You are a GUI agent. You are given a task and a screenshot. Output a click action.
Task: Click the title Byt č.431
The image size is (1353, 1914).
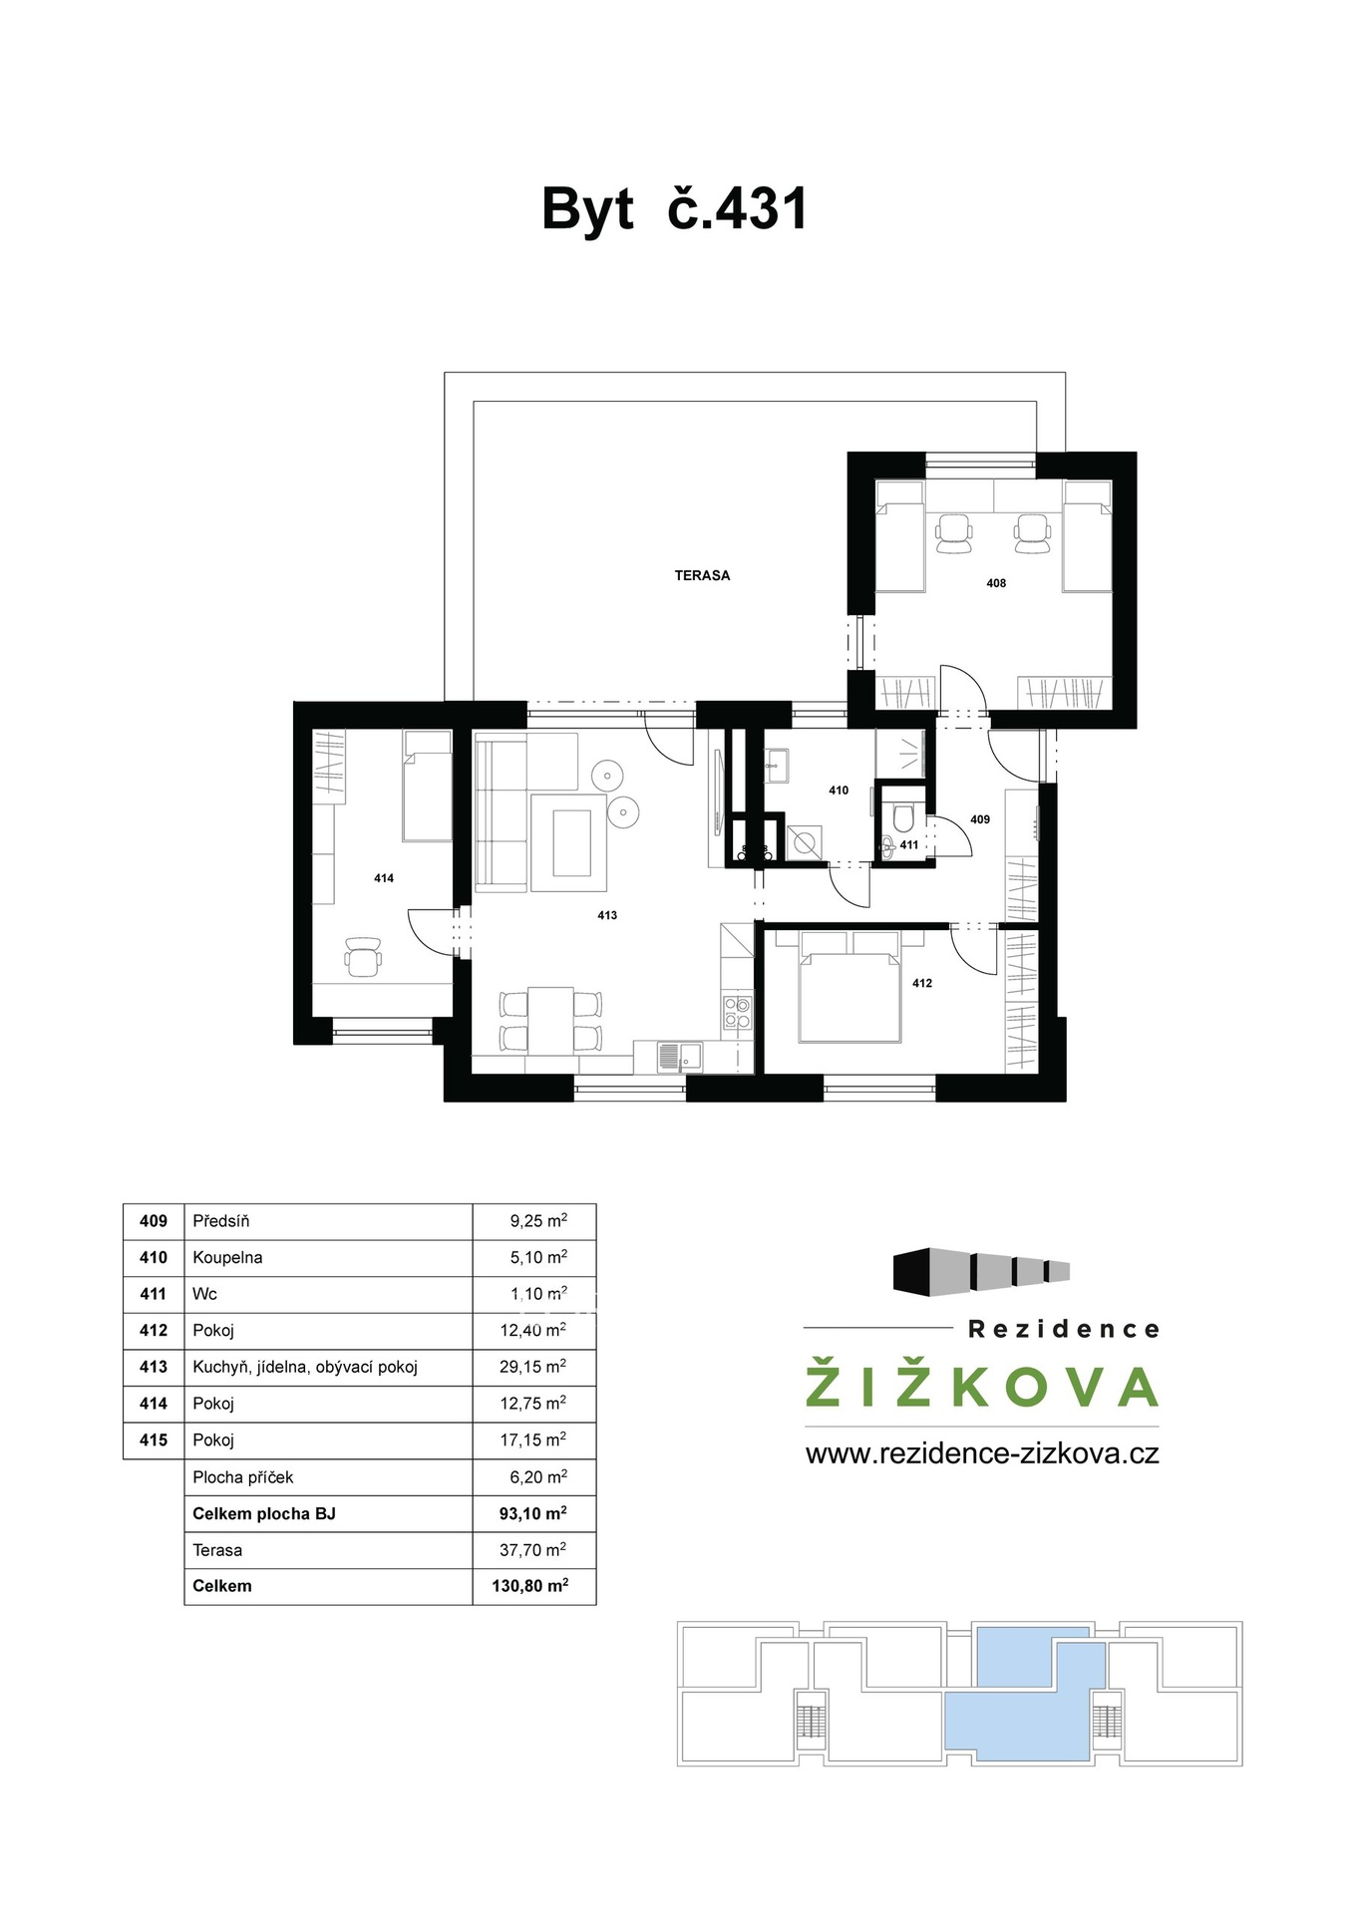[x=674, y=209]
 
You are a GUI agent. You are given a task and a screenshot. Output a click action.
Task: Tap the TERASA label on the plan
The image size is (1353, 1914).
[x=702, y=575]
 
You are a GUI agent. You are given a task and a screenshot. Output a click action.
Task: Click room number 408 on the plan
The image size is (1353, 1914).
[x=996, y=583]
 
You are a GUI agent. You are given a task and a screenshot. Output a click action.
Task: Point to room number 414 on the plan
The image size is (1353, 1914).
[x=384, y=878]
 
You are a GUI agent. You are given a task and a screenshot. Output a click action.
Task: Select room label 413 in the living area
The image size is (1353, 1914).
[x=607, y=915]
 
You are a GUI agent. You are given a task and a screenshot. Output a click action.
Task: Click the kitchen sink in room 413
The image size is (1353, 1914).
[x=679, y=1056]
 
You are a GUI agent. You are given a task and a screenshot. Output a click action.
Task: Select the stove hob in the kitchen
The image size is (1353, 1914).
[x=737, y=1012]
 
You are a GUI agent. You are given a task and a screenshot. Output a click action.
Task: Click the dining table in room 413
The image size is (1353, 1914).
[x=550, y=1020]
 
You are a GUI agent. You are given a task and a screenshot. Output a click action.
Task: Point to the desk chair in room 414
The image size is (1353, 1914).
[x=363, y=956]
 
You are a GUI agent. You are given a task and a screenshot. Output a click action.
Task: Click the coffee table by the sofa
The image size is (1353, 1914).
[x=570, y=842]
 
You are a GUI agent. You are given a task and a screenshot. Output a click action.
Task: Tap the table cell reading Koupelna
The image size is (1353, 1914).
[x=227, y=1258]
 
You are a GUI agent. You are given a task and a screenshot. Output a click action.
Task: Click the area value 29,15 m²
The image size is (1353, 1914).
[x=533, y=1367]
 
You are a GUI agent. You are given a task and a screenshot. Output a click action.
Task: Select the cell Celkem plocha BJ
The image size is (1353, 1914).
[x=264, y=1513]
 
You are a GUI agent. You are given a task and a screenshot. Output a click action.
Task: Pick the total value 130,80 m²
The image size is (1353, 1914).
[x=530, y=1586]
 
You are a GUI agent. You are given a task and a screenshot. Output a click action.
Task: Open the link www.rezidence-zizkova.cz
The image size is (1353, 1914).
[x=982, y=1453]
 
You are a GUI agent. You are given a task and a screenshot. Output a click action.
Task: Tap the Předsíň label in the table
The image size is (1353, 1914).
[x=221, y=1221]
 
